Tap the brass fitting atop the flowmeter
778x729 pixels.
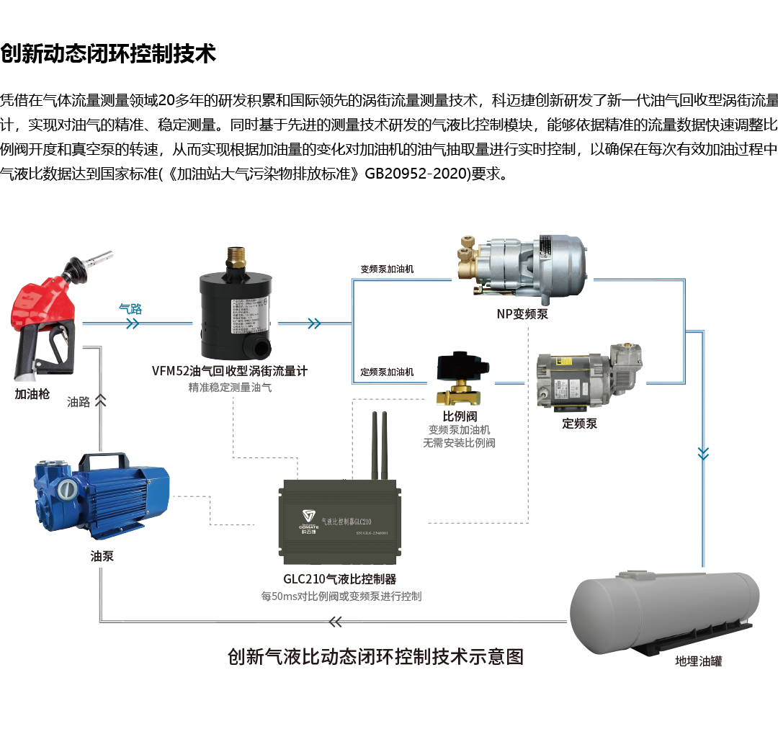[x=236, y=256]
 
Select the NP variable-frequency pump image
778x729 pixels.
[x=523, y=269]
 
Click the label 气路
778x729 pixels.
[x=130, y=308]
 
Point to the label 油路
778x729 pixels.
[x=79, y=402]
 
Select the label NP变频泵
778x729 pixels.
[x=522, y=314]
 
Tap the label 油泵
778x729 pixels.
[x=102, y=556]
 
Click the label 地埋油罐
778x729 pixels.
[x=699, y=660]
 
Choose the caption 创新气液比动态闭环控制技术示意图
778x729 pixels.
[x=375, y=656]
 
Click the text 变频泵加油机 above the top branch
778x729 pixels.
[x=387, y=269]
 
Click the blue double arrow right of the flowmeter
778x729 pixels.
[x=313, y=324]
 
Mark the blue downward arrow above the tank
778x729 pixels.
[x=703, y=452]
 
